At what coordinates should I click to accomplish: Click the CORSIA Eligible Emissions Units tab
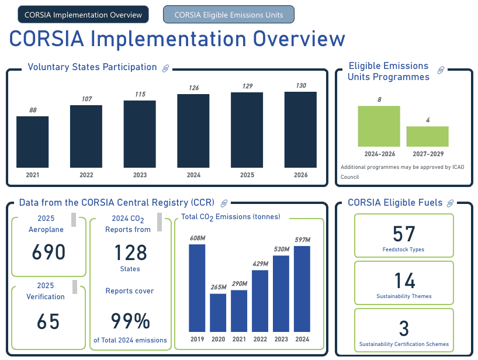[228, 15]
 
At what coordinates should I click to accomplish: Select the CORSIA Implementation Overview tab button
[83, 15]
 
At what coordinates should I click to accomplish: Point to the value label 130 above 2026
[300, 85]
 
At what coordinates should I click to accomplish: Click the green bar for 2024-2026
[379, 126]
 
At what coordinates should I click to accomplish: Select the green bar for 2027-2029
[427, 136]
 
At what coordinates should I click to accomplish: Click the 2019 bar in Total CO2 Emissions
[197, 288]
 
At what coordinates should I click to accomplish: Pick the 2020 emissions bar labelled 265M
[218, 312]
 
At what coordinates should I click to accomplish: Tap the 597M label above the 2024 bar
[302, 240]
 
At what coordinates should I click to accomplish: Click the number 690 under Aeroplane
[48, 252]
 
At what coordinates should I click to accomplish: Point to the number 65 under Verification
[48, 322]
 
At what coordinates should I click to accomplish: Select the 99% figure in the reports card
[130, 321]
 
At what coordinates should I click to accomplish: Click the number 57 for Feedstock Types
[404, 234]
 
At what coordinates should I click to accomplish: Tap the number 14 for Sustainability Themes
[404, 281]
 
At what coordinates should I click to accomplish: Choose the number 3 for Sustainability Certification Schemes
[404, 328]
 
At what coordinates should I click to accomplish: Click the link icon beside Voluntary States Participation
[165, 68]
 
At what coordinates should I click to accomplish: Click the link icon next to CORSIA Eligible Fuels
[449, 203]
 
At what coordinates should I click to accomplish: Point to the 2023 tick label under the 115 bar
[140, 175]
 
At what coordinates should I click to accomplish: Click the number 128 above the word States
[130, 252]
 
